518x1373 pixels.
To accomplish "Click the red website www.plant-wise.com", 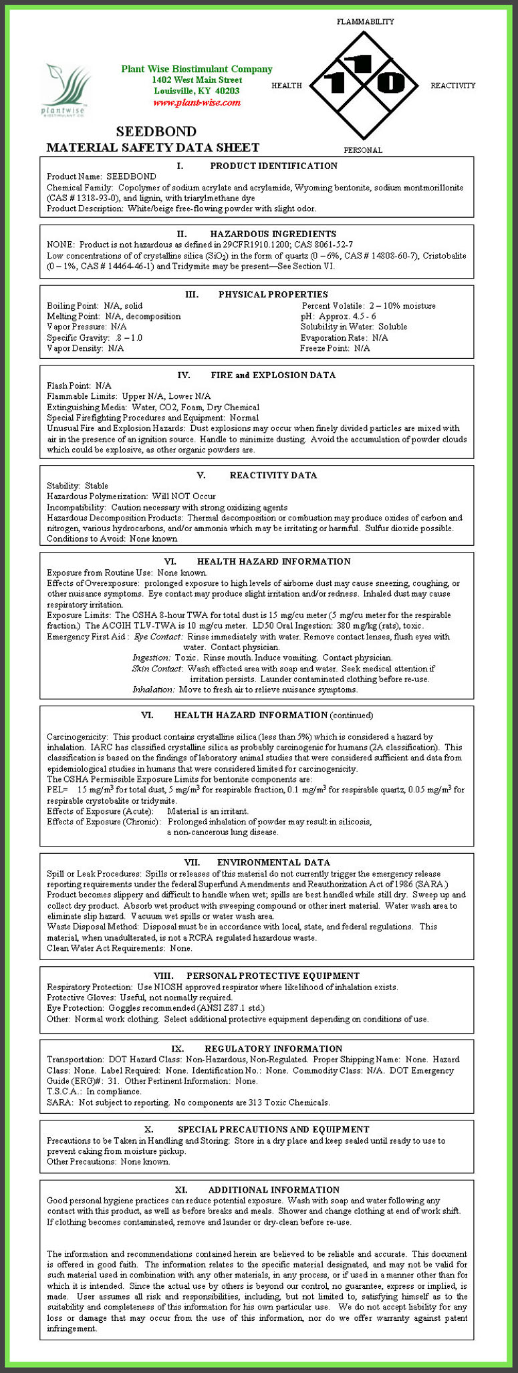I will coord(197,102).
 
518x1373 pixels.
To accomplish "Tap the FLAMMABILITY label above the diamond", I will coord(365,21).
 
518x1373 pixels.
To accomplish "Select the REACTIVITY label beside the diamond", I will coord(452,86).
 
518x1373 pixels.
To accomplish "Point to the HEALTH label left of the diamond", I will coord(287,86).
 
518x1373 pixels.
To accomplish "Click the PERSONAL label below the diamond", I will coord(363,150).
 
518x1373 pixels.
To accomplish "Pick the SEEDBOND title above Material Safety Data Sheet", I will coord(156,132).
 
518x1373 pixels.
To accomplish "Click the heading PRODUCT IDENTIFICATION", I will coord(273,166).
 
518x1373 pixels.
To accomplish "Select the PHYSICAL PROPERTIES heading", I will coord(273,294).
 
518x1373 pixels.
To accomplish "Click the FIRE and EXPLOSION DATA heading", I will coord(273,375).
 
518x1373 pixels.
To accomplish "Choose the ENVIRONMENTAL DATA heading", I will coord(273,863).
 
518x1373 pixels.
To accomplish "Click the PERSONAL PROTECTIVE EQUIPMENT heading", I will coord(273,975).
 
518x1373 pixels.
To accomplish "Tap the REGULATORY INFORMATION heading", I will coord(273,1048).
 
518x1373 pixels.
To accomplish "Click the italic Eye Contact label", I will coord(158,637).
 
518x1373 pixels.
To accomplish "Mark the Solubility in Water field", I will coord(354,327).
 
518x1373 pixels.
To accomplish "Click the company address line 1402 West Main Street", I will coord(197,80).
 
